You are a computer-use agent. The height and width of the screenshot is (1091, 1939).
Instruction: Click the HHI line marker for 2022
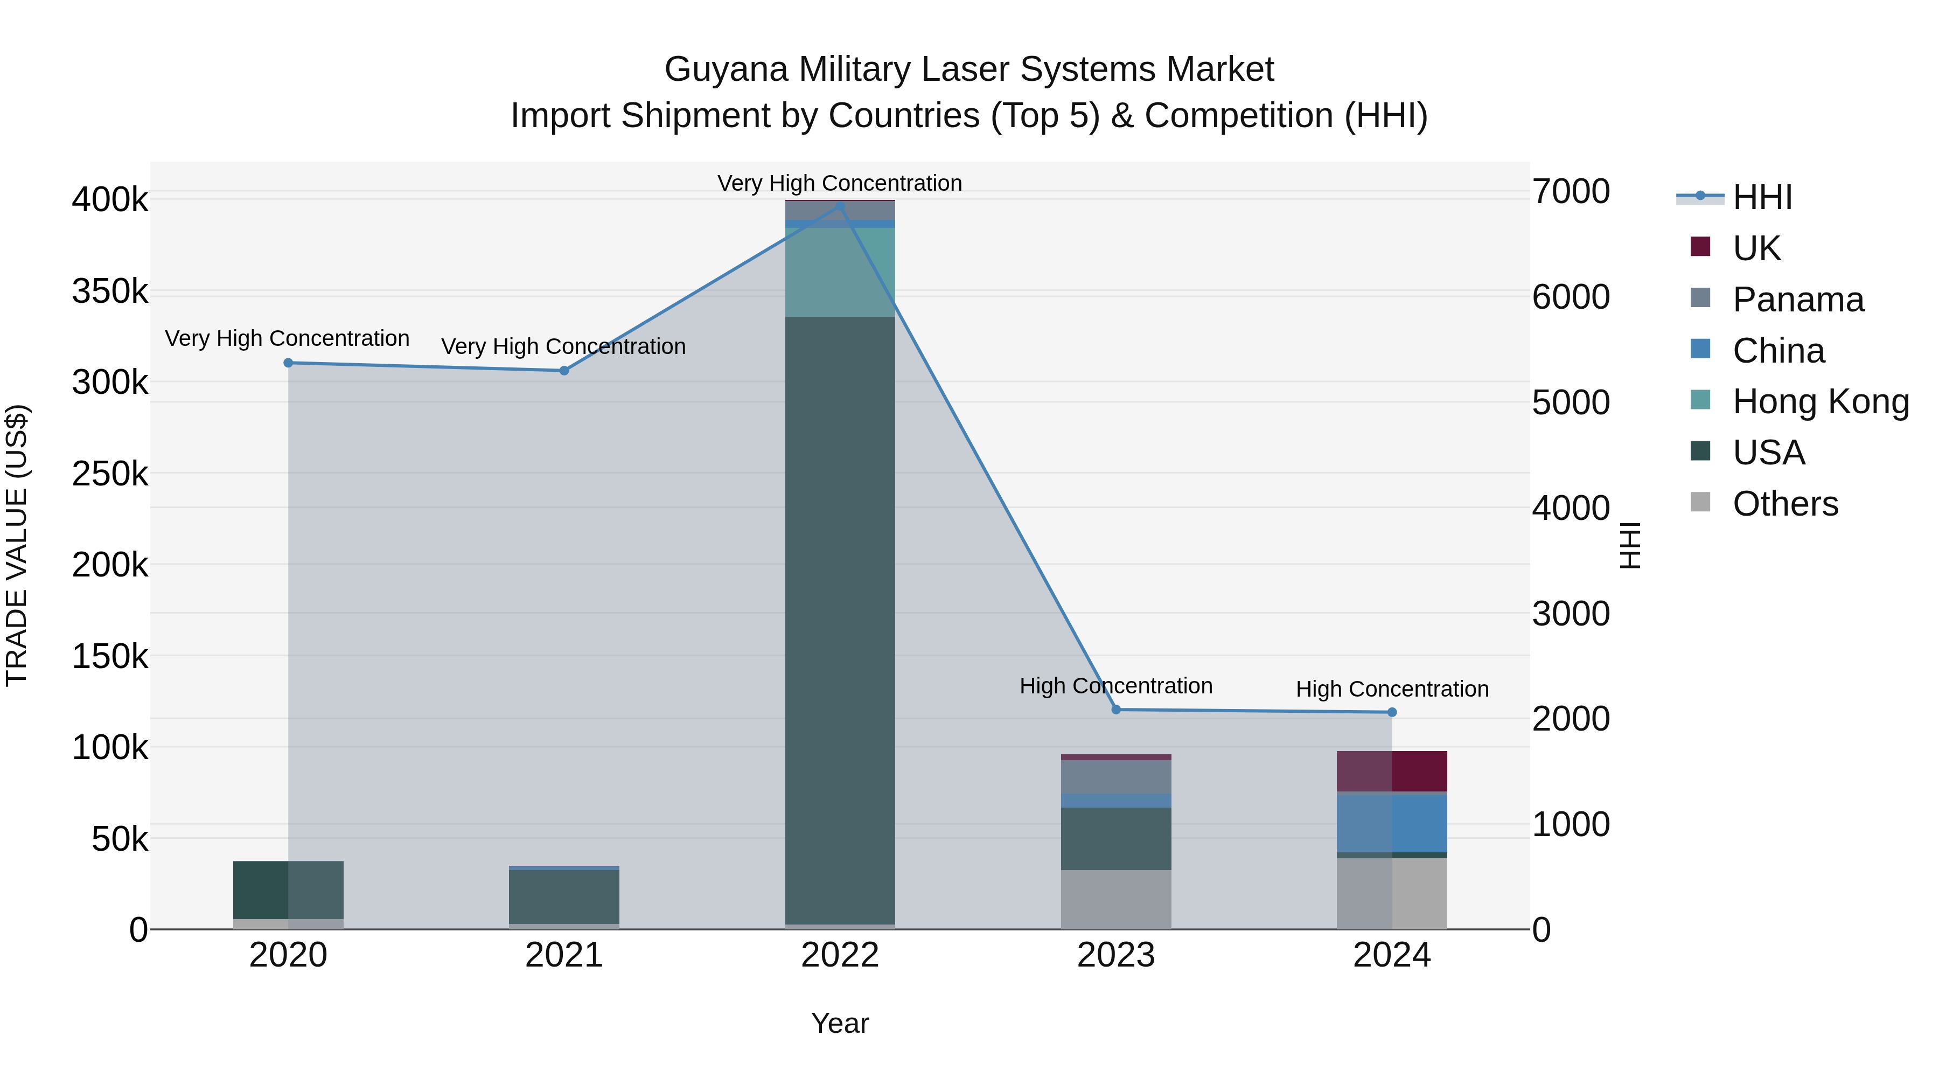[x=840, y=205]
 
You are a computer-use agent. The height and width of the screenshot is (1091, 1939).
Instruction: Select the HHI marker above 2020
[x=288, y=363]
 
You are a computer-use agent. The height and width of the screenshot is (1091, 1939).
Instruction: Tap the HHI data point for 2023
[x=1117, y=709]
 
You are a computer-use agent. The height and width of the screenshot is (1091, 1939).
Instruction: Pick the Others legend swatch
[x=1700, y=502]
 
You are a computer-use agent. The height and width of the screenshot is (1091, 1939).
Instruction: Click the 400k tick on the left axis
[x=110, y=200]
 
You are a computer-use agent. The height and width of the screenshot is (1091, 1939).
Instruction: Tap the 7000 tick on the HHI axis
[x=1571, y=191]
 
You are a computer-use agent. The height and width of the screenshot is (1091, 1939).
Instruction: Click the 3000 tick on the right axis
[x=1571, y=614]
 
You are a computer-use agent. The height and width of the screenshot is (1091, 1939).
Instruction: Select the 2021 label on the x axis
[x=564, y=955]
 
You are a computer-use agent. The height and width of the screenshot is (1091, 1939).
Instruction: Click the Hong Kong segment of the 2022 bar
[x=840, y=273]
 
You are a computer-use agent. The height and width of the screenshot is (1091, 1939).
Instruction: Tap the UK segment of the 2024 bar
[x=1392, y=771]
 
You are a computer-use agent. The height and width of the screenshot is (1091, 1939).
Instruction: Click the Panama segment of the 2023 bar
[x=1117, y=777]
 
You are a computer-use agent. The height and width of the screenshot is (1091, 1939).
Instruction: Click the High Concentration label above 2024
[x=1392, y=689]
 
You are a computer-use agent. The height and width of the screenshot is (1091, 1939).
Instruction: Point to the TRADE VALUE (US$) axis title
[x=17, y=545]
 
